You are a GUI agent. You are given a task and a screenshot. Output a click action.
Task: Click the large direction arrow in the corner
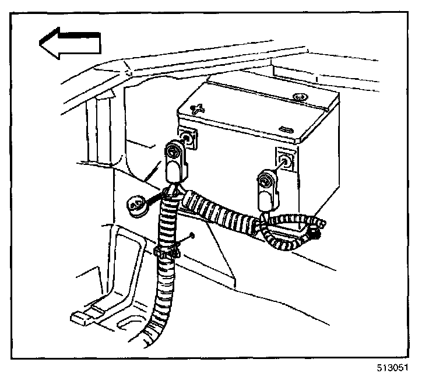(x=69, y=44)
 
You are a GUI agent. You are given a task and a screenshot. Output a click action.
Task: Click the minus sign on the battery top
(x=286, y=129)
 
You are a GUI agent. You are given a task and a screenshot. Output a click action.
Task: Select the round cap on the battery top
(x=301, y=97)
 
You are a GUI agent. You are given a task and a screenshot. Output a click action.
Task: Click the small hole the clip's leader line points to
(x=191, y=237)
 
